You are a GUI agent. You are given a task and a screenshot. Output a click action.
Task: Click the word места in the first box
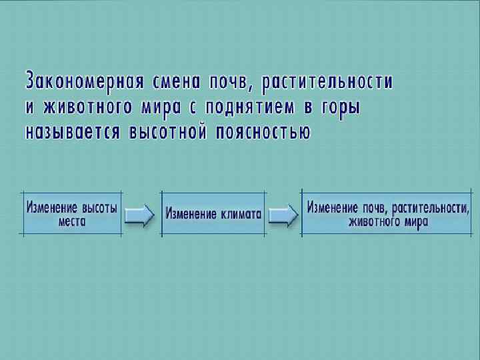pyautogui.click(x=72, y=221)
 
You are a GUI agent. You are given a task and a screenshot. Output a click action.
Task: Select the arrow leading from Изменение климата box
pyautogui.click(x=283, y=214)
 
